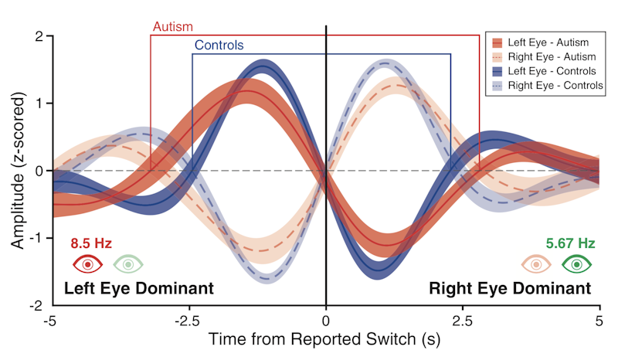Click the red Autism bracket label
point(172,27)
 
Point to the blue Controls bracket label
point(219,46)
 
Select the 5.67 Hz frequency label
point(570,244)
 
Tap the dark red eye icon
point(88,264)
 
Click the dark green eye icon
point(576,264)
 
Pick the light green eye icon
point(128,264)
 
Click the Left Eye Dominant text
point(138,289)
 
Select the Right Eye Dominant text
point(510,289)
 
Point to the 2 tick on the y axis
point(39,36)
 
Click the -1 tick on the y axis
point(36,239)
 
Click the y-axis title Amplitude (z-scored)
point(17,171)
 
